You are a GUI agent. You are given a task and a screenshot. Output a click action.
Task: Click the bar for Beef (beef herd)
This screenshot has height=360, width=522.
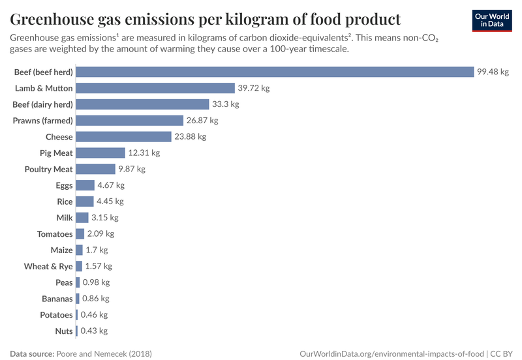click(275, 72)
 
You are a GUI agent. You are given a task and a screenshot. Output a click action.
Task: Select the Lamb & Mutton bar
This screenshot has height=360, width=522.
click(155, 88)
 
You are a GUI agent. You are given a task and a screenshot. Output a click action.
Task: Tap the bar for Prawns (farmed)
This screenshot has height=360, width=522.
click(129, 121)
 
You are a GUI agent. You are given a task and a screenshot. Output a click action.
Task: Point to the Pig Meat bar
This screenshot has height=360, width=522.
click(100, 153)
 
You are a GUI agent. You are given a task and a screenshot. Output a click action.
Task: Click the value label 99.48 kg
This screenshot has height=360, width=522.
click(492, 72)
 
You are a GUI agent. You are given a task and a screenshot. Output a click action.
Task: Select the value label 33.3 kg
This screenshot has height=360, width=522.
click(226, 104)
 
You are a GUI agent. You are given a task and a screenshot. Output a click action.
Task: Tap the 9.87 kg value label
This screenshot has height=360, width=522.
click(131, 169)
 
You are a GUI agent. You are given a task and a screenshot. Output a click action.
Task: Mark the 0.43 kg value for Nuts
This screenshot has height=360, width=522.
click(94, 331)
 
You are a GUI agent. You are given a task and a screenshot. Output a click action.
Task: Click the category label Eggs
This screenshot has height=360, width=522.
click(64, 185)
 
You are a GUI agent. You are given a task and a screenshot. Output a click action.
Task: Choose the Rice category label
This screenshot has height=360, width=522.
click(65, 202)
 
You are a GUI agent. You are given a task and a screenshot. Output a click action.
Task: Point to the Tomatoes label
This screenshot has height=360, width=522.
click(55, 234)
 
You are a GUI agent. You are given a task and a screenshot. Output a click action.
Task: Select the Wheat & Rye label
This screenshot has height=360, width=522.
click(48, 266)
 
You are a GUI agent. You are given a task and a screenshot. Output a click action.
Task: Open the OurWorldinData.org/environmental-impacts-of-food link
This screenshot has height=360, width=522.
click(391, 353)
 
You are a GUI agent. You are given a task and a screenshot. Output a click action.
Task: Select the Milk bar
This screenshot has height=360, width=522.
click(82, 218)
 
